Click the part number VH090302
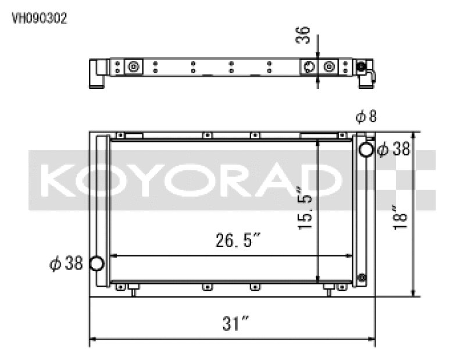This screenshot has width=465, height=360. (x=40, y=18)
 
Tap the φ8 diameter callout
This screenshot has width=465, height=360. (x=366, y=117)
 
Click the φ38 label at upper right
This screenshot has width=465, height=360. (x=394, y=150)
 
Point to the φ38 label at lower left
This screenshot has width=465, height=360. (x=66, y=263)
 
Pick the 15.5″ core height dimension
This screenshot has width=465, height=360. (x=306, y=207)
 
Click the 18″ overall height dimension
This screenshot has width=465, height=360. (x=399, y=216)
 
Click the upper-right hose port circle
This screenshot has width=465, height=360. (x=366, y=150)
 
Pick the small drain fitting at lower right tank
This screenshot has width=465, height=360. (x=362, y=277)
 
